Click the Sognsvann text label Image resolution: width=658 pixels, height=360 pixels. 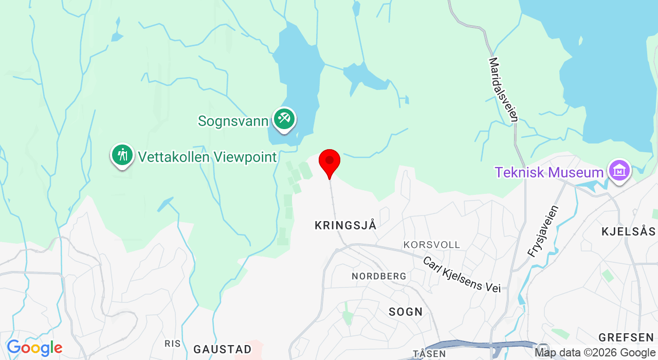click(x=233, y=121)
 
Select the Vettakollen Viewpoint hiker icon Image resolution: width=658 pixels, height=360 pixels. click(x=122, y=154)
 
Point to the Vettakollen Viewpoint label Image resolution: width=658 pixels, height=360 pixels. click(x=207, y=157)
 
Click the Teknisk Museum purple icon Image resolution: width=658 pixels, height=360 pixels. click(x=619, y=170)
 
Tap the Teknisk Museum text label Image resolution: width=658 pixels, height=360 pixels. click(x=549, y=172)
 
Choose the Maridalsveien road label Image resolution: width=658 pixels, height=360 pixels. click(x=503, y=89)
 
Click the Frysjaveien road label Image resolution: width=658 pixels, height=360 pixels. click(x=543, y=231)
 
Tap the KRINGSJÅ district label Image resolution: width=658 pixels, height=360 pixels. click(x=345, y=225)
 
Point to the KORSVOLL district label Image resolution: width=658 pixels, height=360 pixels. click(x=432, y=245)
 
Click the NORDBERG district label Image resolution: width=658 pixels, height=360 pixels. click(x=379, y=276)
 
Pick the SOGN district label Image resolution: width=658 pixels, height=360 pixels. click(x=406, y=312)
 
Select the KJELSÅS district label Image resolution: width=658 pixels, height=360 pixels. click(x=628, y=231)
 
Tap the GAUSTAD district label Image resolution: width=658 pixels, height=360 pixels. click(x=223, y=349)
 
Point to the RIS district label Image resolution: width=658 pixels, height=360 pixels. click(x=172, y=343)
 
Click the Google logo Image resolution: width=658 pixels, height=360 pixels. click(x=34, y=348)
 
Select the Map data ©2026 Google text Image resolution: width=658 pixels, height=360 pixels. click(x=595, y=353)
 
